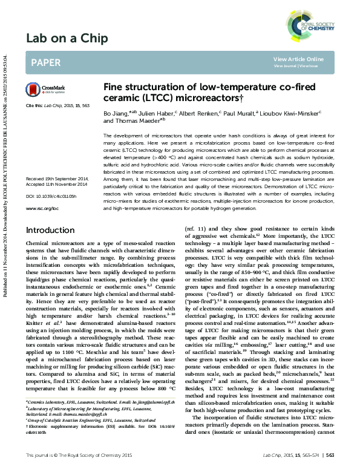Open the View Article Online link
tap(298, 59)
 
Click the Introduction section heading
tap(50, 230)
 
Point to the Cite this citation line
tap(57, 105)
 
